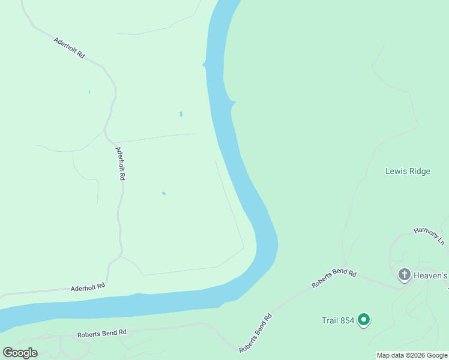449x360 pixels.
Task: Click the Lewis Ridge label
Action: tap(408, 171)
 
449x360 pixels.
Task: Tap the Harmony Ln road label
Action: tap(429, 236)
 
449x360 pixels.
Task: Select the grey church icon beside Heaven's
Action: tap(405, 275)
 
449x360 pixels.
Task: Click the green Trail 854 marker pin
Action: tap(363, 320)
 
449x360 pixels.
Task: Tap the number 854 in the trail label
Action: tap(346, 320)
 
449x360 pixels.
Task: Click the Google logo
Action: tap(20, 353)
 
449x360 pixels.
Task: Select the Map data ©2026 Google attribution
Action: tap(412, 355)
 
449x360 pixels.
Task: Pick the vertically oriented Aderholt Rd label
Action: tap(121, 164)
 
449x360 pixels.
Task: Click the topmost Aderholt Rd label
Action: tap(69, 48)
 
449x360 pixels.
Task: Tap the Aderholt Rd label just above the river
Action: tap(88, 287)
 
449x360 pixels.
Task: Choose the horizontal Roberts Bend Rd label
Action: tap(101, 332)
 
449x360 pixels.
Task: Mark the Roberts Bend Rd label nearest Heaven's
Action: tap(334, 278)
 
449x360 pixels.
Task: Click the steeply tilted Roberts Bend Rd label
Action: tap(256, 332)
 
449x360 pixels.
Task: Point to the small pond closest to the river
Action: tap(181, 113)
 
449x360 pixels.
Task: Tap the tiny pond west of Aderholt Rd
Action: tap(89, 92)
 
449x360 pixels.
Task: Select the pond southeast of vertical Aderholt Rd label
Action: tap(163, 193)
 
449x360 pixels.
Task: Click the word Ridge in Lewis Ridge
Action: tap(420, 171)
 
